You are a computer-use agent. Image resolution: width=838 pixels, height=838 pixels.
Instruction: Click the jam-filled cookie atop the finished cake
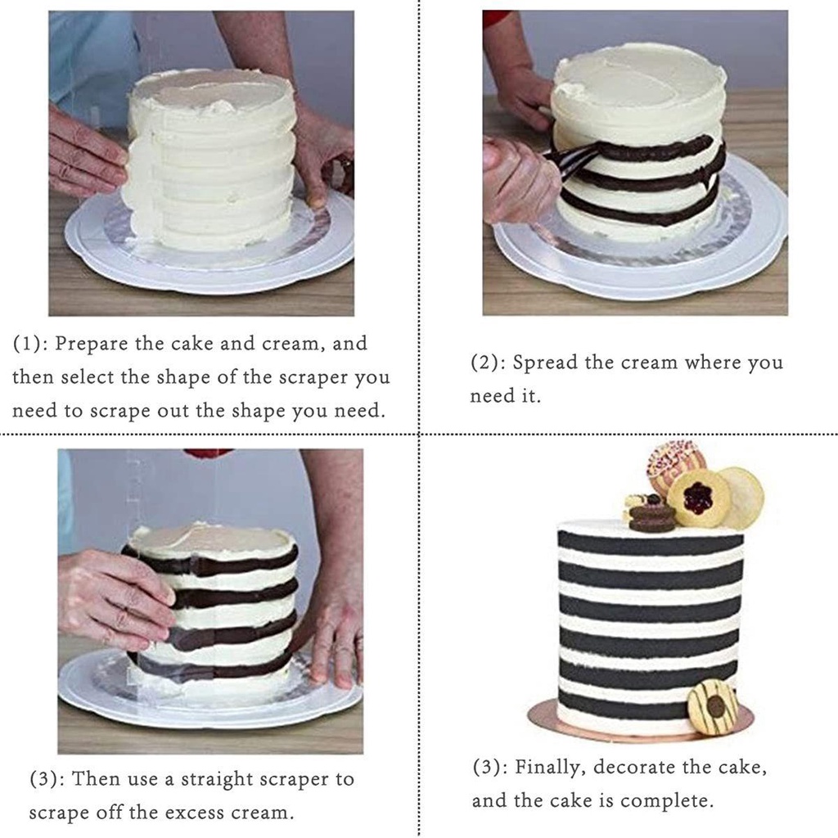point(698,498)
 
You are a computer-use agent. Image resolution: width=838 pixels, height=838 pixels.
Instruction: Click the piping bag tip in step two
point(548,155)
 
